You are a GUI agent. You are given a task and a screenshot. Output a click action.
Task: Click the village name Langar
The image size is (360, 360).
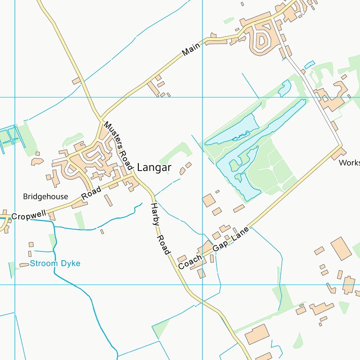(154, 168)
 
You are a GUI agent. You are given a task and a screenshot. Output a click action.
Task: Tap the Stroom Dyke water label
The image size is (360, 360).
(55, 263)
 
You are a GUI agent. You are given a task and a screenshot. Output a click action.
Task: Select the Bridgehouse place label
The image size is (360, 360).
(45, 196)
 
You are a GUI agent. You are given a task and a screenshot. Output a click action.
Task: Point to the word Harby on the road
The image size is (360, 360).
(154, 214)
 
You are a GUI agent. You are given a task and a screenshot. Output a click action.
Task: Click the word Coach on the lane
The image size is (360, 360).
(190, 262)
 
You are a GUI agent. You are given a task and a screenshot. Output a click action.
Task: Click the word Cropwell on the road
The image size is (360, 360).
(29, 216)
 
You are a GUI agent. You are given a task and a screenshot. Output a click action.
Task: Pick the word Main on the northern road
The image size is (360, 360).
(191, 48)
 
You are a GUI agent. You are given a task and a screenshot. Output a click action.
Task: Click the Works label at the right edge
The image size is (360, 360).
(350, 163)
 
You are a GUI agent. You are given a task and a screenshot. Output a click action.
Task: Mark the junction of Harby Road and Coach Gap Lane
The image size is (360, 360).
(176, 270)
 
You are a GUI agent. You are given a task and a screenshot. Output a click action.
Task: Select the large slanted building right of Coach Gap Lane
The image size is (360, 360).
(341, 248)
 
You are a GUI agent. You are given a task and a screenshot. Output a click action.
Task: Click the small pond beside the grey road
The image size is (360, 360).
(309, 64)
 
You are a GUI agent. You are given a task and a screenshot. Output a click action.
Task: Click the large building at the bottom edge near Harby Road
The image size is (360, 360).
(256, 334)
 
